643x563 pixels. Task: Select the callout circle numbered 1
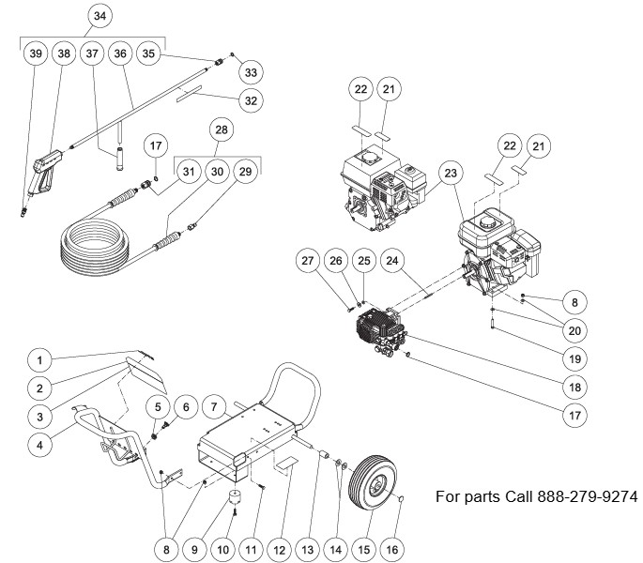point(38,358)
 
